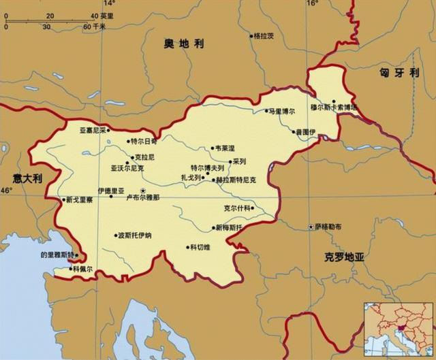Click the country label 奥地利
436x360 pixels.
(183, 44)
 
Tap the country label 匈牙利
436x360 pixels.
(399, 73)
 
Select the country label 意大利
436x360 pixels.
(27, 178)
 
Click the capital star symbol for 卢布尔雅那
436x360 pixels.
(142, 190)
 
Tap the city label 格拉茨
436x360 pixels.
(264, 35)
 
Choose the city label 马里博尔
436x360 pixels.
(282, 110)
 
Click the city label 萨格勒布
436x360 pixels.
(328, 227)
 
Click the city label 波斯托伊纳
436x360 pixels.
(135, 236)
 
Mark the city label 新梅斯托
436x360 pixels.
(229, 227)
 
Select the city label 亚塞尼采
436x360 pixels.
(93, 129)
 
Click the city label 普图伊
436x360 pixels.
(306, 131)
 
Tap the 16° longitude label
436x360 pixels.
(312, 3)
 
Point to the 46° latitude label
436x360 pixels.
(6, 191)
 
